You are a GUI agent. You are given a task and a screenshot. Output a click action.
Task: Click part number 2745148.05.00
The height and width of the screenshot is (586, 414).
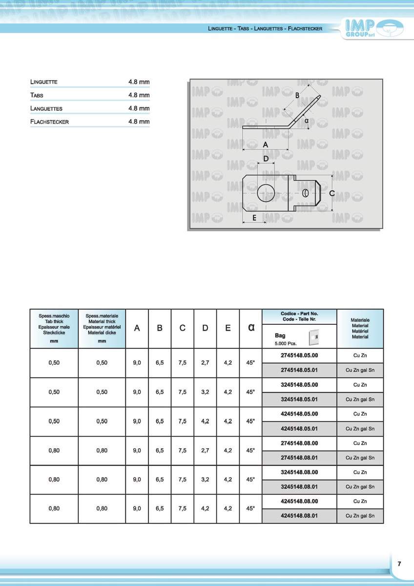299,356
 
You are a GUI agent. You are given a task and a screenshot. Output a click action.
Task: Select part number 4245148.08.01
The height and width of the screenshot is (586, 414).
299,516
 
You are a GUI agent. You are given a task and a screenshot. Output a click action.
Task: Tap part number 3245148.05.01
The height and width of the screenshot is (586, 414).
299,399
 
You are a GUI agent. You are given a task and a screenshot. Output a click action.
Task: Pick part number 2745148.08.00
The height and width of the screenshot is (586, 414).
299,443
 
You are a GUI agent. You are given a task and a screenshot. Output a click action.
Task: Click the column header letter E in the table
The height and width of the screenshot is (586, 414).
228,328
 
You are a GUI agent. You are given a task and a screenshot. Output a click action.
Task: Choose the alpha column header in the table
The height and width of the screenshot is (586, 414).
251,328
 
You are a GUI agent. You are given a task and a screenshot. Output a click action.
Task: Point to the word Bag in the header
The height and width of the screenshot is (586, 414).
280,335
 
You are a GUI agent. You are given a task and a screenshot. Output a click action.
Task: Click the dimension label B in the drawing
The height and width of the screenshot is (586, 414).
297,96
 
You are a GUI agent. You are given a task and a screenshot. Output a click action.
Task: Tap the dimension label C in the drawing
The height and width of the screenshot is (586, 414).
332,193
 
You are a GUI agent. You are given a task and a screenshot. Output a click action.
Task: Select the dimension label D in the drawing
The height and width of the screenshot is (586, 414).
266,159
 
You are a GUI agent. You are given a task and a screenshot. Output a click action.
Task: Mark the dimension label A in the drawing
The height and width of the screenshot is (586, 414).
266,145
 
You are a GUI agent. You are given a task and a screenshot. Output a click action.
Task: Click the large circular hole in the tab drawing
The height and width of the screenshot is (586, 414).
266,193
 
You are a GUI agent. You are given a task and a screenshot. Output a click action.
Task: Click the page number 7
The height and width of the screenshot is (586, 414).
399,564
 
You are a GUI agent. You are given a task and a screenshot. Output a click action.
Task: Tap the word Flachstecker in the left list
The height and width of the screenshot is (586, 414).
49,122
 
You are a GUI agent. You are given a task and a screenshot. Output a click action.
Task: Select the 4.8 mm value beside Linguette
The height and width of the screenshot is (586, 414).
139,82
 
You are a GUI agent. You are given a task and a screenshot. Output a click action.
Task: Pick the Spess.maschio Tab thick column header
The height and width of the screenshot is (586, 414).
54,328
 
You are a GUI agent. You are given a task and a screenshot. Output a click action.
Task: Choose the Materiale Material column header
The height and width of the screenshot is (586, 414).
360,329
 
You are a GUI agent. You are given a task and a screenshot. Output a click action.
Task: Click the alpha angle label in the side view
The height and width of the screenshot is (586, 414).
307,120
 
